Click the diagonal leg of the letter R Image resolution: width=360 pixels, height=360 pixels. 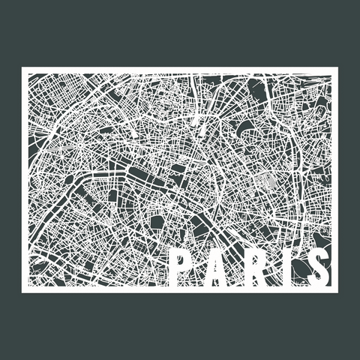262,279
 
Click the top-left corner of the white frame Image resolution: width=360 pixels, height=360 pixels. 22,69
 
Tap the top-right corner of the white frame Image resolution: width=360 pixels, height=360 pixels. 337,69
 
